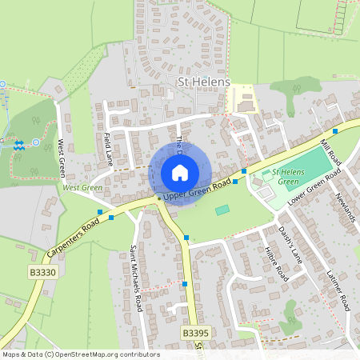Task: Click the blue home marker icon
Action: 180,173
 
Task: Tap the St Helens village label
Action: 202,82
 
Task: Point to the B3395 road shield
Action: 194,332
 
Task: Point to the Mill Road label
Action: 330,150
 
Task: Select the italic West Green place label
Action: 82,188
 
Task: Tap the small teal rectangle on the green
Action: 222,210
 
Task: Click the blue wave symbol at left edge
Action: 19,144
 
